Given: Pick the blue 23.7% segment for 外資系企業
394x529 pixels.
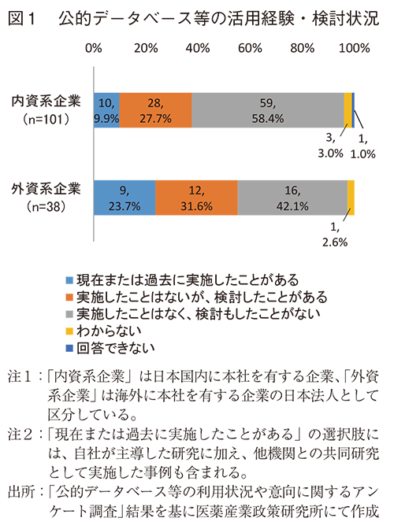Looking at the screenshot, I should point(125,197).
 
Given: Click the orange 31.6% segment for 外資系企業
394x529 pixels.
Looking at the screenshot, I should point(196,197).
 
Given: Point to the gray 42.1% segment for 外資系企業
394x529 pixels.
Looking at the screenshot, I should point(292,197).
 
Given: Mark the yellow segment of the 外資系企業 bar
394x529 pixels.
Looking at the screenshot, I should point(351,197).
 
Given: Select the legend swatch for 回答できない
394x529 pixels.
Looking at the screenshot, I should point(70,347).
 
